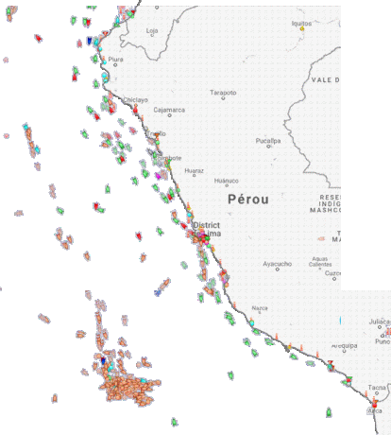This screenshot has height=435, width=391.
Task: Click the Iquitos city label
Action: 300,21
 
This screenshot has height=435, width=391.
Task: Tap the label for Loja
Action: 152,30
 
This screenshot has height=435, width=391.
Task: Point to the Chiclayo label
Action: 136,98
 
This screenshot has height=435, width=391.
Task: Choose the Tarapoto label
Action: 223,93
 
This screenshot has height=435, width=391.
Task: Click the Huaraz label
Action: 194,171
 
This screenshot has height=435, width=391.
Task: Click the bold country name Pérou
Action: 248,200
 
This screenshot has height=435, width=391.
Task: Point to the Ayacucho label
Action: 277,263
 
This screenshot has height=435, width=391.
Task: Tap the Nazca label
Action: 260,307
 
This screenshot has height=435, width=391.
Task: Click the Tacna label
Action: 377,388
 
